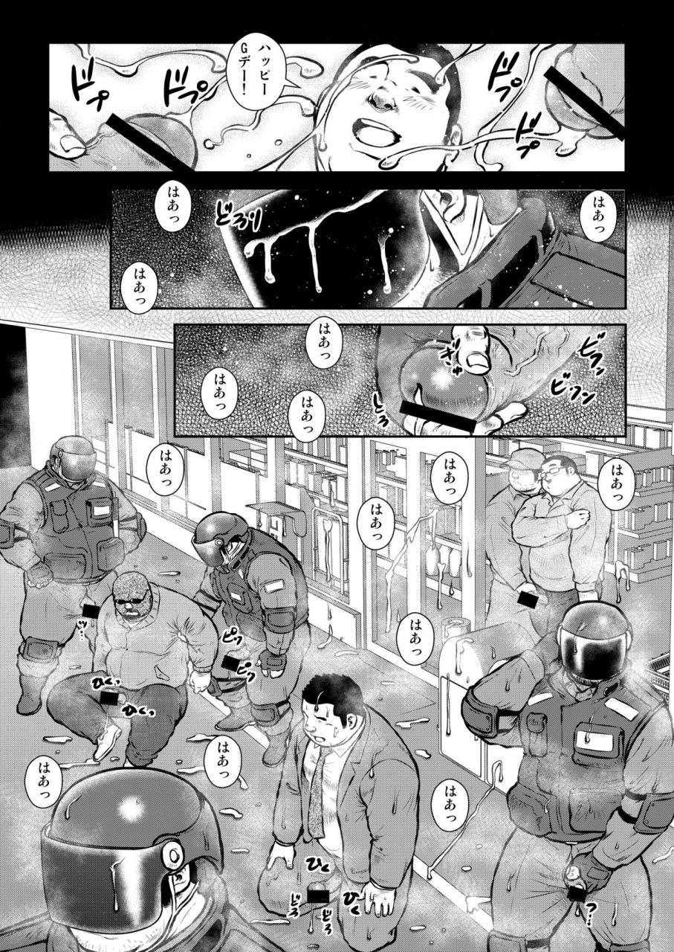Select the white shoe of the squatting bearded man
click(108, 741)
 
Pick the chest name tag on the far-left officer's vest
click(100, 512)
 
